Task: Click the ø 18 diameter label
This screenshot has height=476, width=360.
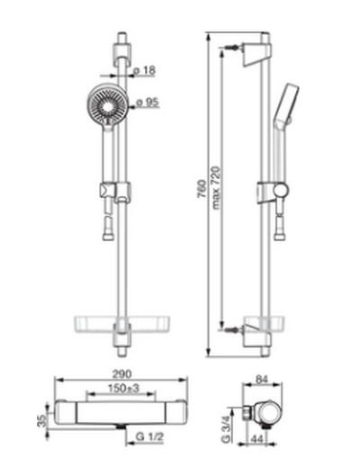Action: tap(145, 70)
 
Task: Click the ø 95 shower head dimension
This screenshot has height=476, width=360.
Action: tap(148, 102)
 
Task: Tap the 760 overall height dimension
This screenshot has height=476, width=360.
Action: tap(202, 189)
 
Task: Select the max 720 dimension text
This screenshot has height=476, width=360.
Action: tap(215, 187)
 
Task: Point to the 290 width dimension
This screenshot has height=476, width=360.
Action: tap(122, 373)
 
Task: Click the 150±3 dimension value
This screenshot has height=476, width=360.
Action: tap(123, 388)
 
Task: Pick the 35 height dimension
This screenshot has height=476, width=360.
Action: tap(42, 421)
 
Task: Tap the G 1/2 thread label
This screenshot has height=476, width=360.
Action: tap(149, 436)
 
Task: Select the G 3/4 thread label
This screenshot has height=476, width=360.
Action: tap(226, 429)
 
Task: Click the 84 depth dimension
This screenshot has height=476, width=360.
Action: tap(262, 379)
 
